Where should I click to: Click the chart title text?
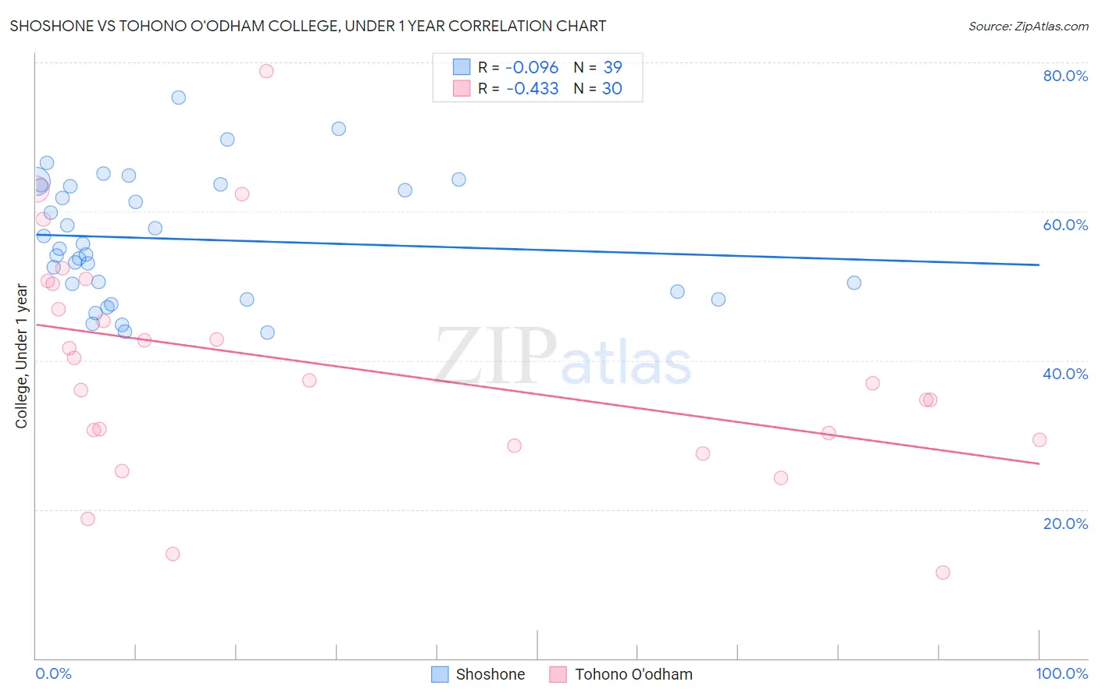[x=308, y=27]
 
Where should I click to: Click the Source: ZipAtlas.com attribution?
[x=1028, y=27]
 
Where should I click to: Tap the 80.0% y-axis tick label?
[x=1065, y=76]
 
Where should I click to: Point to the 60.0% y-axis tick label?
[x=1065, y=225]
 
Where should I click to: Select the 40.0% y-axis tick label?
[x=1065, y=374]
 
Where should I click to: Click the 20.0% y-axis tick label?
[x=1065, y=524]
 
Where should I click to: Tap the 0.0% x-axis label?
[x=53, y=673]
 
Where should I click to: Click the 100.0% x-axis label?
[x=1061, y=673]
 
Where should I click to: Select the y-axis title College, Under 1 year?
[x=22, y=357]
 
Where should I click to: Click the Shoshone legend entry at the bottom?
[x=478, y=674]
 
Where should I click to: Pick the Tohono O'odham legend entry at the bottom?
[x=621, y=674]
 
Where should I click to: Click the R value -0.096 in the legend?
[x=532, y=68]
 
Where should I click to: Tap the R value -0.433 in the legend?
[x=532, y=89]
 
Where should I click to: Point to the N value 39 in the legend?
[x=612, y=68]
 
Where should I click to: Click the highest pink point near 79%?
[x=266, y=71]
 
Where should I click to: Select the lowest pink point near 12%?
[x=943, y=573]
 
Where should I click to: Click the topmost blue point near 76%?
[x=179, y=98]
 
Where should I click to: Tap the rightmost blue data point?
[x=854, y=283]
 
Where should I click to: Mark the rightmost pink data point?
[x=1039, y=440]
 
